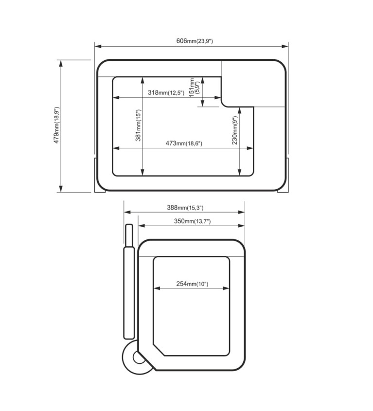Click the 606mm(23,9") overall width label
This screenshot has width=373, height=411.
point(195,41)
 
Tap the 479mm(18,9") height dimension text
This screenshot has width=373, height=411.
point(57,125)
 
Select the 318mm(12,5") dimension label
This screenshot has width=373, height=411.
point(166,92)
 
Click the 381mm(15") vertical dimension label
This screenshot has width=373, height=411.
point(138,125)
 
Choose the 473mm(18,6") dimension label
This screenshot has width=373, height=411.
point(184,143)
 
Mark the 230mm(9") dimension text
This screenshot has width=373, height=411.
point(234,130)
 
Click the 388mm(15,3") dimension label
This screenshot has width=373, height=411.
point(185,208)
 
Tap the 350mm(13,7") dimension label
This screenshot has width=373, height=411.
point(192,221)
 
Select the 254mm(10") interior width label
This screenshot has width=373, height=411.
point(192,284)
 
